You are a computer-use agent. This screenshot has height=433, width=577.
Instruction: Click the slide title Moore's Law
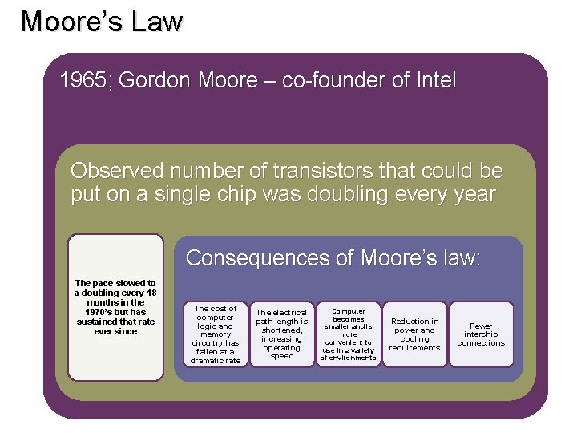click(102, 22)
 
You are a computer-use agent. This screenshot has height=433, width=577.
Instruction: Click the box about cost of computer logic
click(215, 334)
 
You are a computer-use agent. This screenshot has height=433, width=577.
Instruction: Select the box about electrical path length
click(281, 334)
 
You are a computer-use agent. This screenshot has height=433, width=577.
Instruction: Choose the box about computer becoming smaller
click(348, 334)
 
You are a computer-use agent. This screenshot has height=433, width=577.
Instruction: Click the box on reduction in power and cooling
click(414, 334)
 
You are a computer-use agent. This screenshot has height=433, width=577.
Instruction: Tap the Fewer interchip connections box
click(481, 334)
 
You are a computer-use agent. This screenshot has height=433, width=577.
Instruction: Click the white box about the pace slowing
click(115, 307)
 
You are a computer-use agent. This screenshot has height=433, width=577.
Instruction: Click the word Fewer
click(481, 326)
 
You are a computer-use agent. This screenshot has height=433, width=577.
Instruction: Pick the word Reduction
click(414, 321)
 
